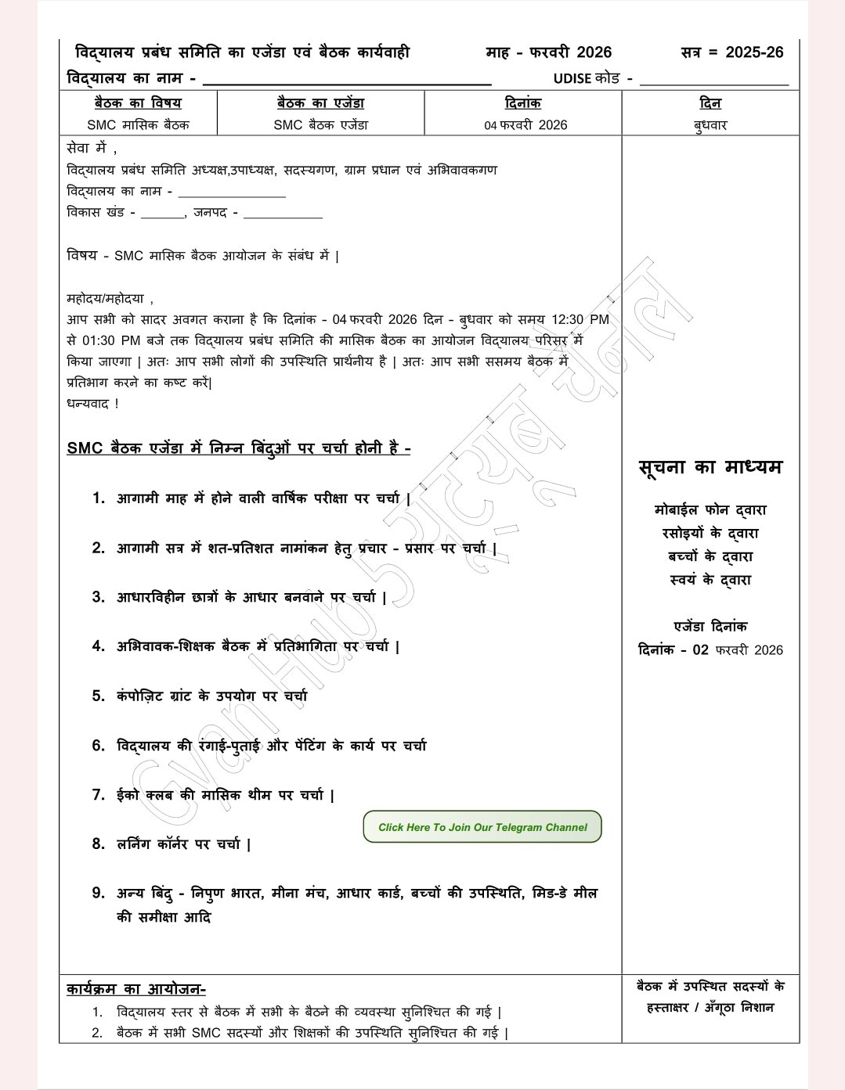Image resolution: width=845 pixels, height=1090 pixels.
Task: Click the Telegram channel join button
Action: [482, 827]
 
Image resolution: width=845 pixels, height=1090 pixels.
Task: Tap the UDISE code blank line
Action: [713, 80]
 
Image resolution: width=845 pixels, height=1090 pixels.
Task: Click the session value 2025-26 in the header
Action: [754, 52]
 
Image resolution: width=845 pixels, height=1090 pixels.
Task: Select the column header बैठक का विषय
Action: [138, 103]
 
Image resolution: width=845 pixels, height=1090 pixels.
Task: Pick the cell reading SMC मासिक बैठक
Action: [138, 124]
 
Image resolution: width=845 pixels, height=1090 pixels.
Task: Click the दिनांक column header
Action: [522, 103]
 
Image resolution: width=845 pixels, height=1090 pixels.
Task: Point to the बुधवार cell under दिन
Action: [710, 124]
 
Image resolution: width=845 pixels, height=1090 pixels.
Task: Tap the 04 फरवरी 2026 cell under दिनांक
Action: [525, 124]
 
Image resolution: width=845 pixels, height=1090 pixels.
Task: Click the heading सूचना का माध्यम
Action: [710, 467]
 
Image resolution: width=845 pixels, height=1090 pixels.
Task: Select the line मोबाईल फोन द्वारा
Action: [710, 510]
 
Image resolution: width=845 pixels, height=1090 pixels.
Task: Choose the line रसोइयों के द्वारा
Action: [710, 534]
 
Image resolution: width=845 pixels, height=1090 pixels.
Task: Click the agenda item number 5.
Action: [99, 696]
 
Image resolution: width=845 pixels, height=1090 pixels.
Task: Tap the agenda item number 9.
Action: [99, 893]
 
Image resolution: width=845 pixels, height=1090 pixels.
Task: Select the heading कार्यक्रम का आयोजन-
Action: [136, 989]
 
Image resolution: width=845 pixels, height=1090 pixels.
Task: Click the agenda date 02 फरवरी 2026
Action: [737, 650]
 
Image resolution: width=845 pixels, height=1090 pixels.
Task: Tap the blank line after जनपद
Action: [283, 214]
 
